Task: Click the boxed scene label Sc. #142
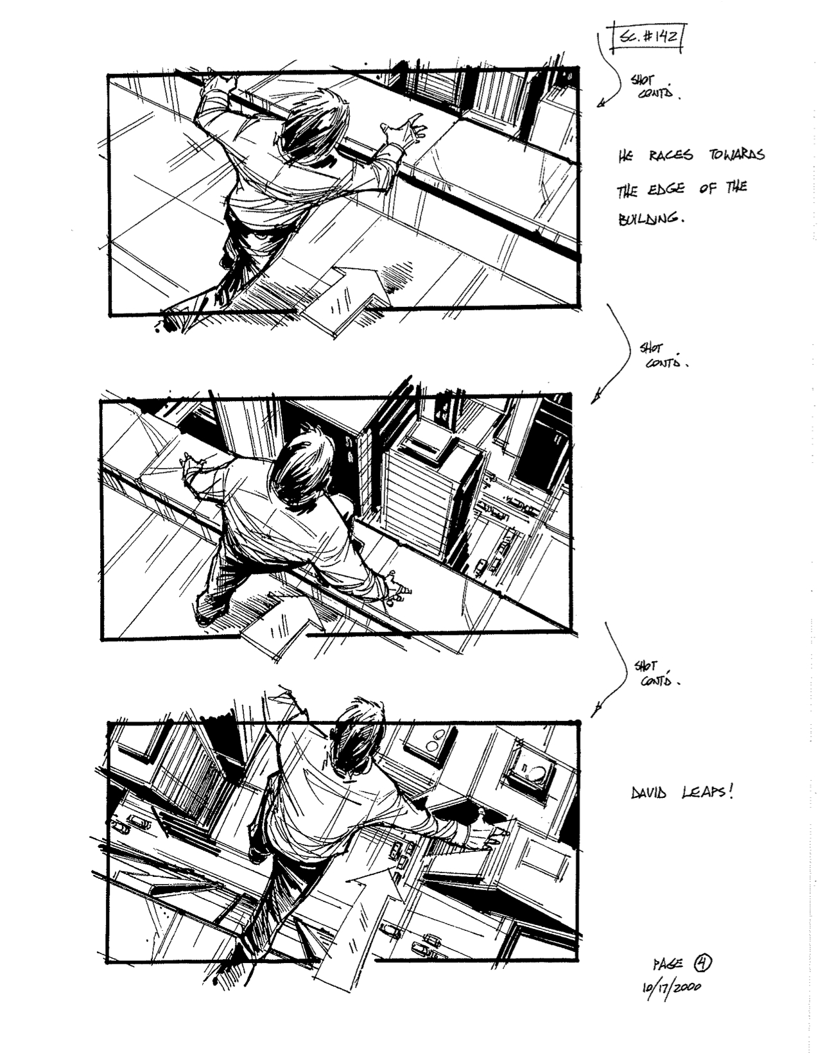pyautogui.click(x=646, y=39)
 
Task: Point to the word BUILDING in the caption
pyautogui.click(x=648, y=220)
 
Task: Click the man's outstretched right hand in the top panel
pyautogui.click(x=405, y=130)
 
